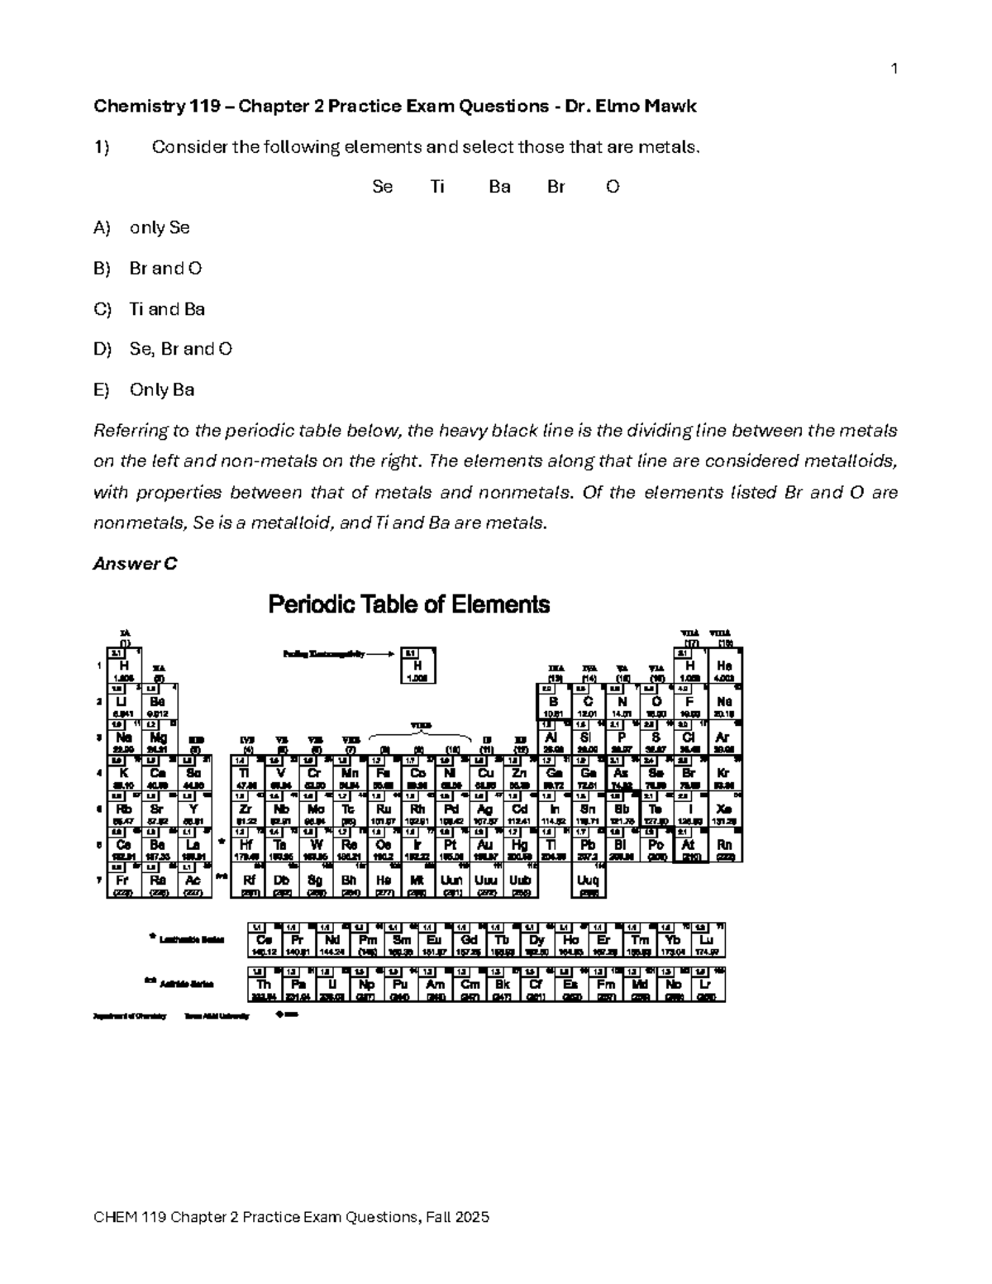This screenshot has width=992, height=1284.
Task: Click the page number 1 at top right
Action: [x=894, y=69]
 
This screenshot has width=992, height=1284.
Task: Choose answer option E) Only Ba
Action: [x=145, y=389]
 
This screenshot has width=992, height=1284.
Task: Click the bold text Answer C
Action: [x=136, y=564]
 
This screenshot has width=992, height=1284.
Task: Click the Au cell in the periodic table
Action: [x=485, y=845]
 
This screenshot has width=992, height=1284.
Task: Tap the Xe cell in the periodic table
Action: [x=724, y=809]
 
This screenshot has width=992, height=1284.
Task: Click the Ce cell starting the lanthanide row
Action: [x=265, y=940]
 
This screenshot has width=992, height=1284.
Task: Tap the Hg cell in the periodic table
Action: [x=520, y=845]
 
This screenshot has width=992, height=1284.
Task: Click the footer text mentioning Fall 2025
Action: [x=292, y=1217]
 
